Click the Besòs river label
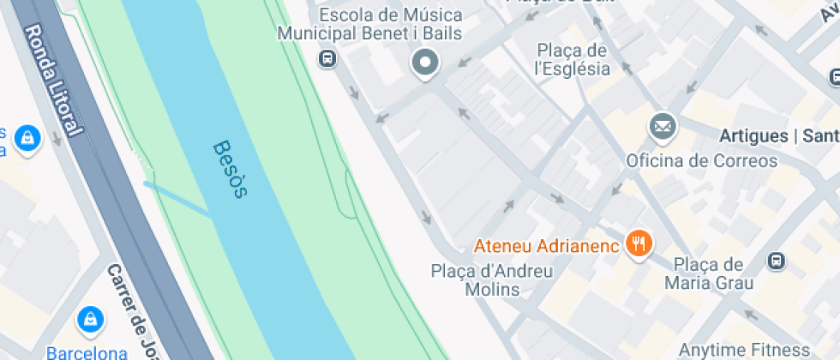[229, 169]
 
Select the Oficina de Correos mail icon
[663, 129]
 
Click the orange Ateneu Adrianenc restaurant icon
[638, 244]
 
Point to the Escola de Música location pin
[424, 63]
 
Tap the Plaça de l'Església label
[572, 59]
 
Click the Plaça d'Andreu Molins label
[491, 280]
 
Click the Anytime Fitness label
[743, 350]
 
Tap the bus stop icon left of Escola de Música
[327, 58]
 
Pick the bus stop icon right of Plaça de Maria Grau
[777, 259]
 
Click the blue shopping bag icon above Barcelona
[89, 321]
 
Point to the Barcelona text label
[87, 351]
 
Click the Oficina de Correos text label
[701, 160]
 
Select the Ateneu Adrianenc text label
[546, 247]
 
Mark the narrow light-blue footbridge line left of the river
[177, 199]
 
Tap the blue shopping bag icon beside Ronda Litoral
[28, 139]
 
